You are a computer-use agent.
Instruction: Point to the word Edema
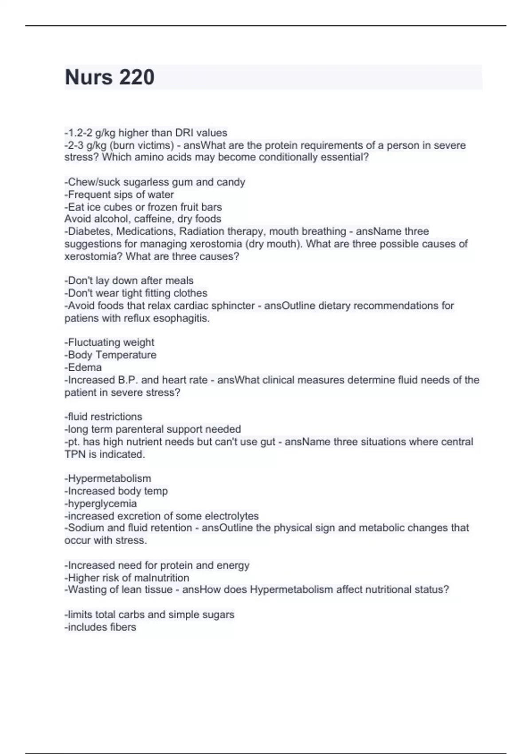pyautogui.click(x=85, y=367)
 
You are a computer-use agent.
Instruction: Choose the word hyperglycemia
pyautogui.click(x=102, y=503)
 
